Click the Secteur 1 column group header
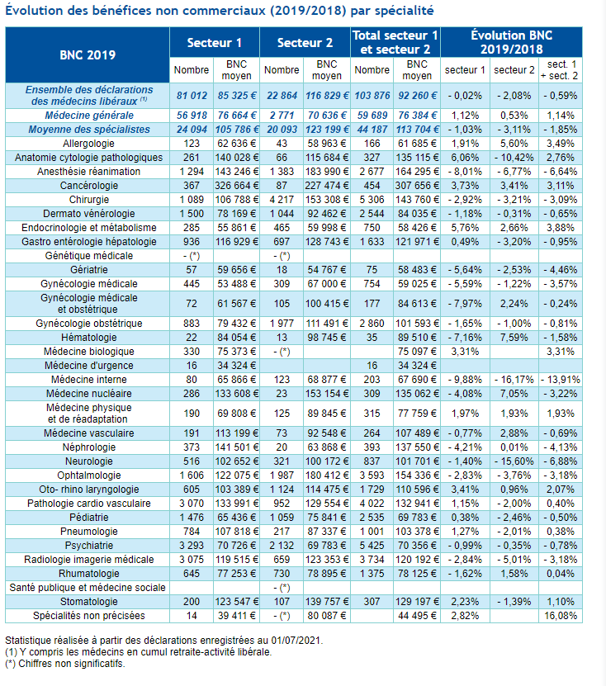tap(215, 42)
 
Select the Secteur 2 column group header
tap(305, 42)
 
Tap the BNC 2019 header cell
tap(88, 54)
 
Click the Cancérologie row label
tap(89, 186)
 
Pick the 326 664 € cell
tap(236, 186)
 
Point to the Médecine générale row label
tap(89, 116)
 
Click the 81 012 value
tap(192, 96)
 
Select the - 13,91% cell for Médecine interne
tap(561, 379)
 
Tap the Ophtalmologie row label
tap(89, 475)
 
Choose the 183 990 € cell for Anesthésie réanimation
tap(327, 172)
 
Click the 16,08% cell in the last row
tap(561, 616)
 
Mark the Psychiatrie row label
tap(89, 546)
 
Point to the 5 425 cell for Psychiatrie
tap(372, 546)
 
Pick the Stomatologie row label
tap(89, 602)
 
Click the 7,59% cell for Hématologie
tap(514, 338)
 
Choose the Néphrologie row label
tap(89, 447)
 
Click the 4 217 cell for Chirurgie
tap(282, 200)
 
